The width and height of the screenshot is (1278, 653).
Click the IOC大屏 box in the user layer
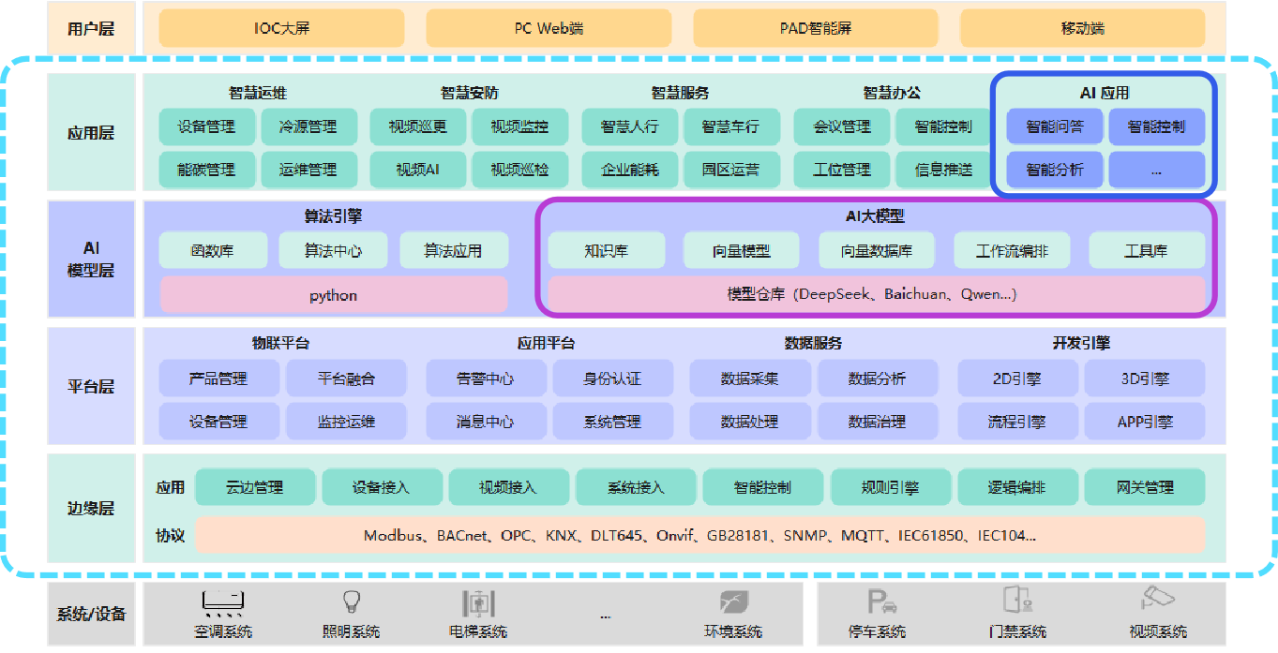coord(281,28)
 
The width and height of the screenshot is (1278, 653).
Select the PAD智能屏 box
coord(816,28)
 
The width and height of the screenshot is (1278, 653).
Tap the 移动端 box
coord(1083,28)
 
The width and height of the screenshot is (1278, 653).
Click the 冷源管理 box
coord(308,126)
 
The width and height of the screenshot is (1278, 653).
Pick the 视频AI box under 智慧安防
coord(417,170)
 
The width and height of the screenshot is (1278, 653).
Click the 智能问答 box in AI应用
coord(1054,126)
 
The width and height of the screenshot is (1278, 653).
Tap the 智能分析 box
coord(1054,170)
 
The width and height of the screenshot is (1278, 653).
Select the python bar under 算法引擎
coord(334,295)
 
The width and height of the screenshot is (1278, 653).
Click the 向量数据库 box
coord(877,251)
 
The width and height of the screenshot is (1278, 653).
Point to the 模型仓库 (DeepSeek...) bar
coord(876,294)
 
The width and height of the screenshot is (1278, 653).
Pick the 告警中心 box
coord(485,378)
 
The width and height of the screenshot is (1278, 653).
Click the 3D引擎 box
coord(1145,378)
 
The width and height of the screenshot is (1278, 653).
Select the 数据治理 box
coord(877,422)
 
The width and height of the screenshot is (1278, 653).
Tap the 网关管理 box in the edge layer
coord(1145,487)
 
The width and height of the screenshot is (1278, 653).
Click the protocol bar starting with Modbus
coord(699,535)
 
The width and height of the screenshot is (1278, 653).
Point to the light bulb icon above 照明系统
coord(352,601)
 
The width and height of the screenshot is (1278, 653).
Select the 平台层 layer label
coord(91,386)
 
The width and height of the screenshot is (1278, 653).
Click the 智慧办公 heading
coord(892,93)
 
